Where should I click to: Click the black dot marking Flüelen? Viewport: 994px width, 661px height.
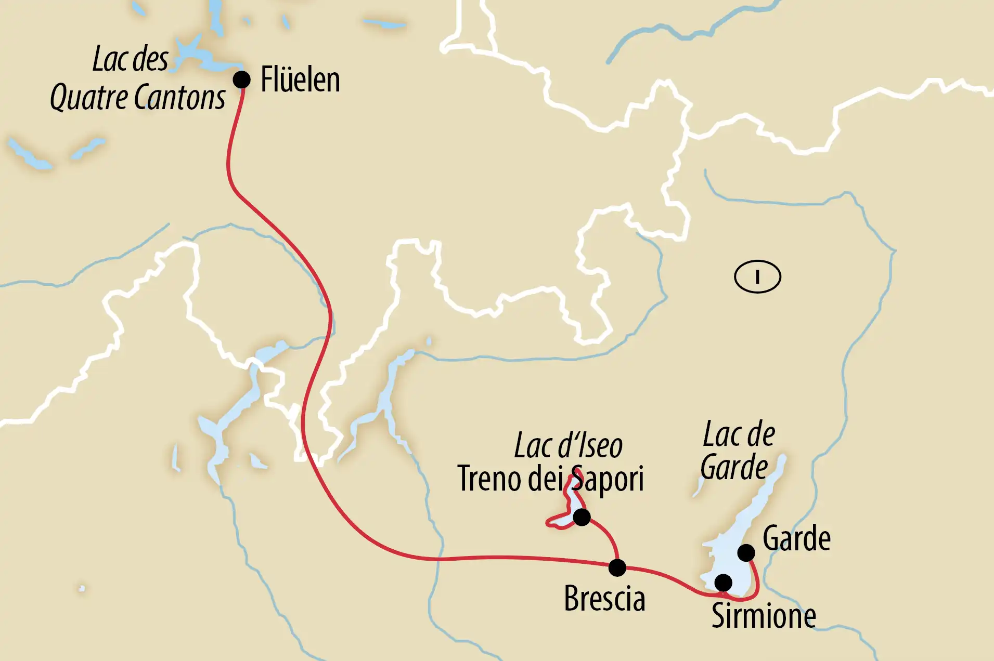241,80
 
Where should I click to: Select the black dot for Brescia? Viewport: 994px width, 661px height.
617,567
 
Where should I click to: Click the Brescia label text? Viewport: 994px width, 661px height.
604,599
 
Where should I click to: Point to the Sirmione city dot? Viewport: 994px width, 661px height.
723,583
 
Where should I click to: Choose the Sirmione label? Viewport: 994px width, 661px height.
763,616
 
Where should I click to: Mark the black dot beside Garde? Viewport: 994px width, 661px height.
746,552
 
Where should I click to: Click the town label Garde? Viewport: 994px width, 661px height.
796,538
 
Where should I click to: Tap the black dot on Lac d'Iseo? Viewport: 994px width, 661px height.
582,517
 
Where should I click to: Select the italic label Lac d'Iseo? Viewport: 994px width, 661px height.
568,446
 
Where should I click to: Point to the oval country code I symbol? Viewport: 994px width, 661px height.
757,277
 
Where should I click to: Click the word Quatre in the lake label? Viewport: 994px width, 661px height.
89,98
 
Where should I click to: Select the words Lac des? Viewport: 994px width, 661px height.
130,59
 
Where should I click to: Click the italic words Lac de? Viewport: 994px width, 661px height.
739,434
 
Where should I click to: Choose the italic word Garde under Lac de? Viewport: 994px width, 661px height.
734,468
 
